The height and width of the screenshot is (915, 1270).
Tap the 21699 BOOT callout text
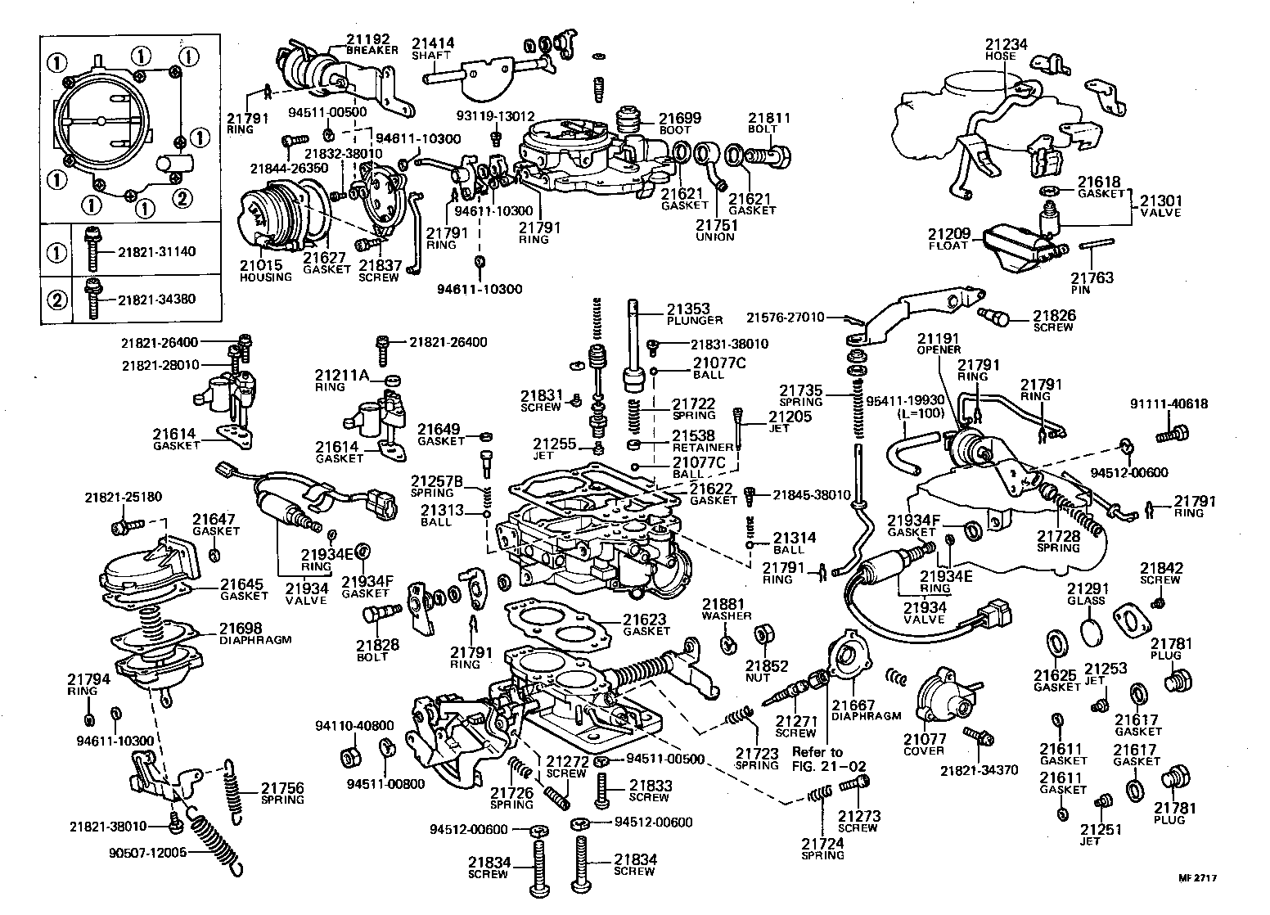click(679, 124)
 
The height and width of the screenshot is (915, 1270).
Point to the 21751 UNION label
click(715, 231)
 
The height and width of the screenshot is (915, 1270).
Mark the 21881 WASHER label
click(725, 611)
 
